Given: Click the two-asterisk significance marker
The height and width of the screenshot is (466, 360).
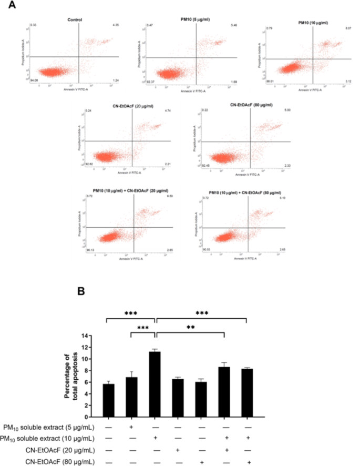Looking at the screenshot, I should click(190, 327).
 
